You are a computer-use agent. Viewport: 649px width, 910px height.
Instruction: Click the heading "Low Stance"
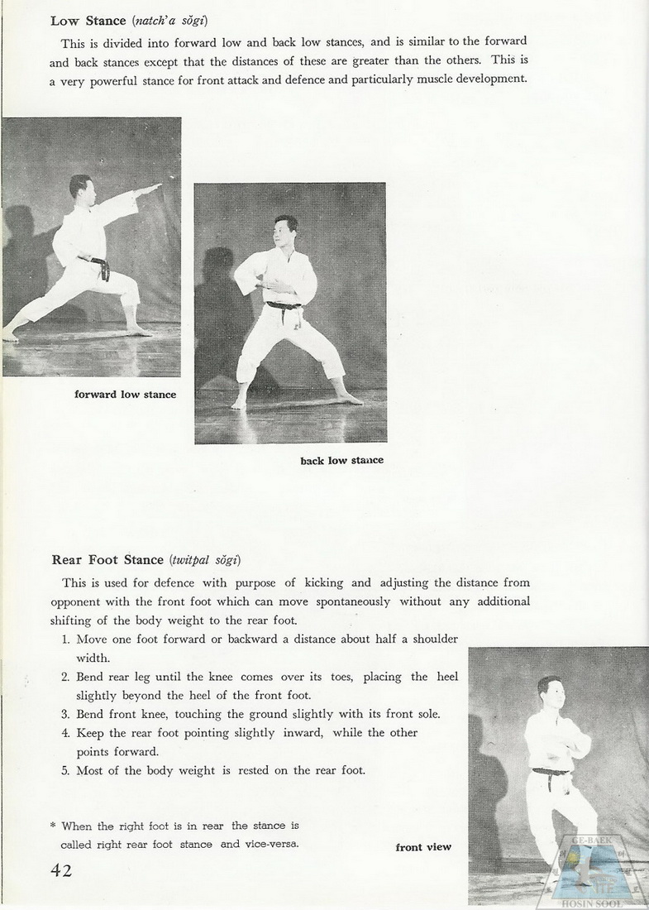88,21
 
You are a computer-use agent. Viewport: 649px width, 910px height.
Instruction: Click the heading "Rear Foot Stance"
107,560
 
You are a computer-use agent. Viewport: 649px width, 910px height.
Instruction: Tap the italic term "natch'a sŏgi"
169,21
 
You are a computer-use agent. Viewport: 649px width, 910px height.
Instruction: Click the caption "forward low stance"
125,395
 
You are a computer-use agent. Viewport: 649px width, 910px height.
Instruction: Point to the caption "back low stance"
341,460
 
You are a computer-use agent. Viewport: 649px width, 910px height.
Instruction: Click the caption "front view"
423,847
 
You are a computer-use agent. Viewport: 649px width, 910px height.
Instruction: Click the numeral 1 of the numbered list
65,639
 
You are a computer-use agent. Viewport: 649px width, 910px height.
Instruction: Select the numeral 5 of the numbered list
65,770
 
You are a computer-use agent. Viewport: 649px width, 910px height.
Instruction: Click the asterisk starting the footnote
53,826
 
